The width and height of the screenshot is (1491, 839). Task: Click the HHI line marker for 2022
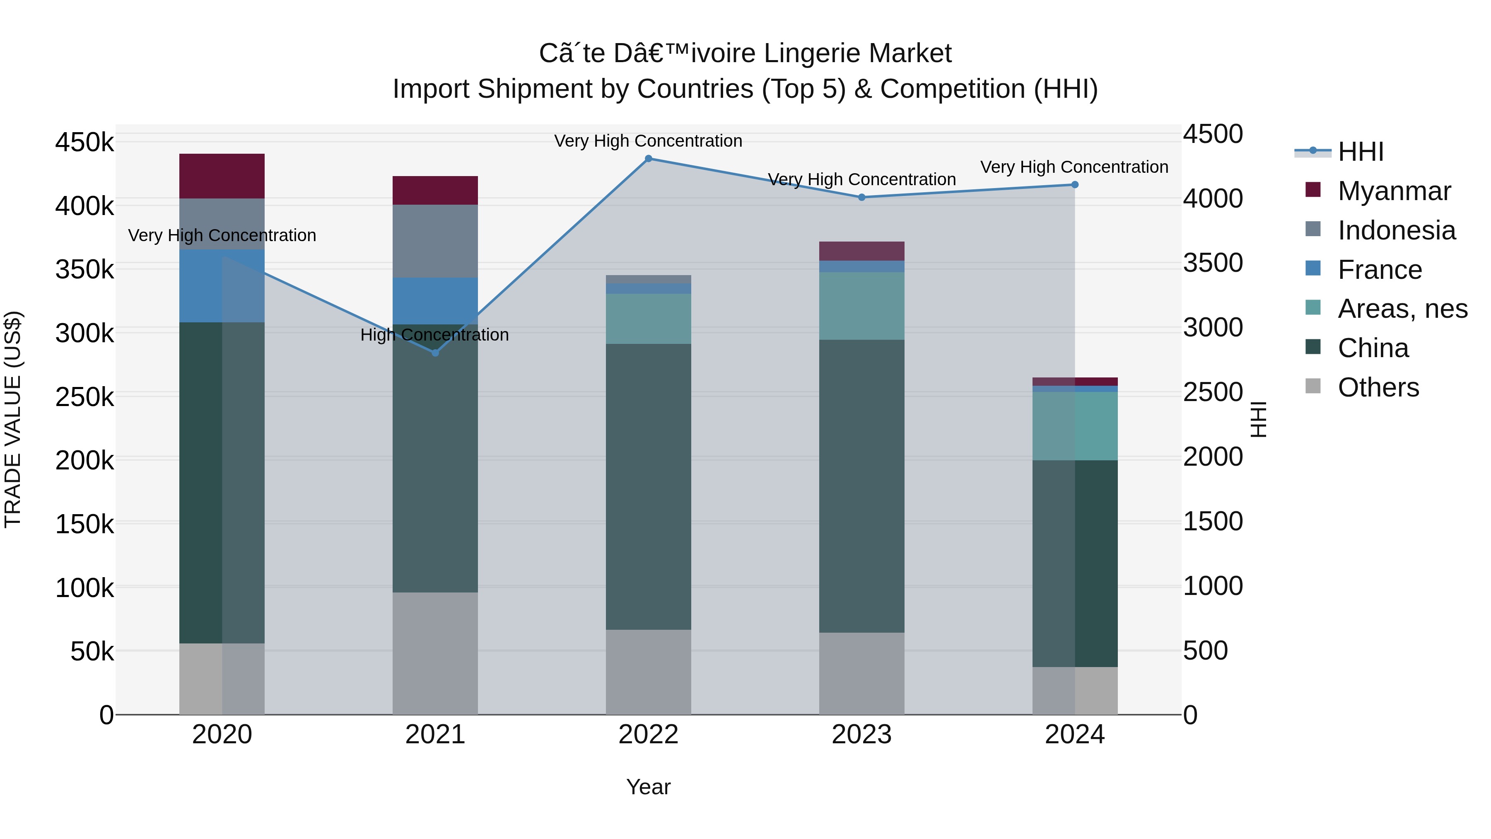click(648, 159)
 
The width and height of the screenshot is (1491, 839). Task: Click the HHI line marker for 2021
click(435, 353)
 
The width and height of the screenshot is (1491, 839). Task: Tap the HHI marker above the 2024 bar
click(1075, 185)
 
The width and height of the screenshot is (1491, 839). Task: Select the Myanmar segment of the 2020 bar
click(222, 176)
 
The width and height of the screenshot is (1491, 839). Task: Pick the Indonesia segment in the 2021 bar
click(435, 241)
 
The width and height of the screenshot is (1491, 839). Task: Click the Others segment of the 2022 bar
click(648, 672)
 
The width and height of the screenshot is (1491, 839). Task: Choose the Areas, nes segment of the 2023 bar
click(861, 306)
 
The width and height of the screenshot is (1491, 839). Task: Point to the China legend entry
click(1373, 348)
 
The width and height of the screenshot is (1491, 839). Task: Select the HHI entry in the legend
click(1360, 152)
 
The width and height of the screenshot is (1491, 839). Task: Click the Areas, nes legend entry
click(1402, 309)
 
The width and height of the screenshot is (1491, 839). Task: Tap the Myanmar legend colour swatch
click(1313, 190)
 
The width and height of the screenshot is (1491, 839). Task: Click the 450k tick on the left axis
click(84, 142)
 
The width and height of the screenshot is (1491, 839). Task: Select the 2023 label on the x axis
click(861, 735)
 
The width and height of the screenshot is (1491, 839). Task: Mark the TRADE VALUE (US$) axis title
click(13, 419)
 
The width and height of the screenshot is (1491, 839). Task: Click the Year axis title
click(648, 787)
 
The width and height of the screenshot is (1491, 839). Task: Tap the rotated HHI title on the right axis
click(1258, 419)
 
